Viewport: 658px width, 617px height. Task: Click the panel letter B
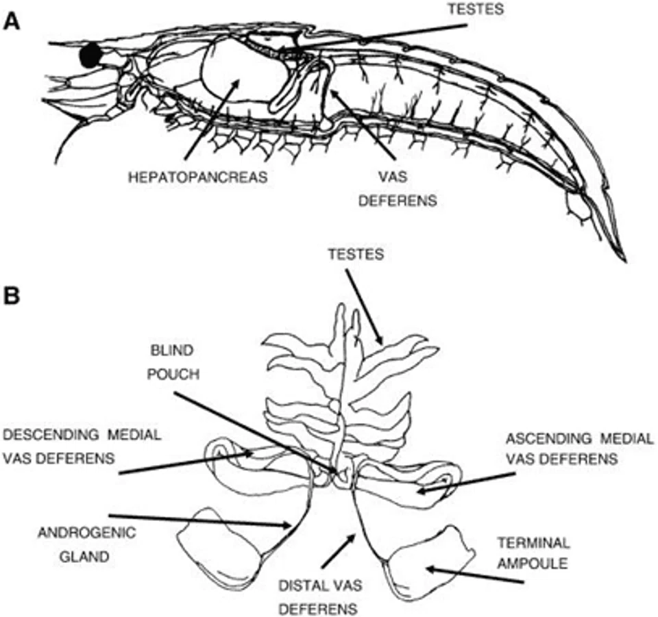tap(12, 297)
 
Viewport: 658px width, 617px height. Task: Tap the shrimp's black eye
tap(90, 55)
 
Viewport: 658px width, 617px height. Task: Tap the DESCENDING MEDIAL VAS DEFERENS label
tap(82, 446)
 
